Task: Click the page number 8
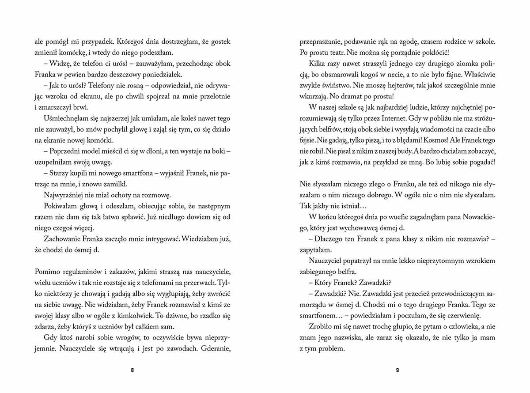[x=132, y=370]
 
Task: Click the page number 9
[x=397, y=370]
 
